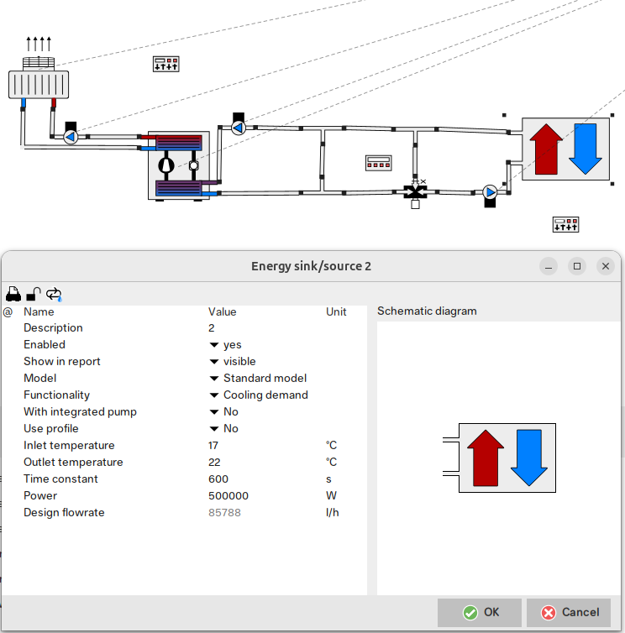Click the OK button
480,612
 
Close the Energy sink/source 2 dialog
605,266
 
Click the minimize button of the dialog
549,266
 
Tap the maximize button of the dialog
577,266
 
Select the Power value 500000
228,496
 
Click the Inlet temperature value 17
213,445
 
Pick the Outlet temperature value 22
214,463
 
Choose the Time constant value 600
218,479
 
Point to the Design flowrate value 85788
224,513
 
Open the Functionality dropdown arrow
214,395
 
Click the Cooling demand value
265,395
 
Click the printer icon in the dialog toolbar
13,294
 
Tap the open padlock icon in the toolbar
34,294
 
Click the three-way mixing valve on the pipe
415,192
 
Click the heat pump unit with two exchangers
179,165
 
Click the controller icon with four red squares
379,163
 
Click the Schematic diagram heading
427,311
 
